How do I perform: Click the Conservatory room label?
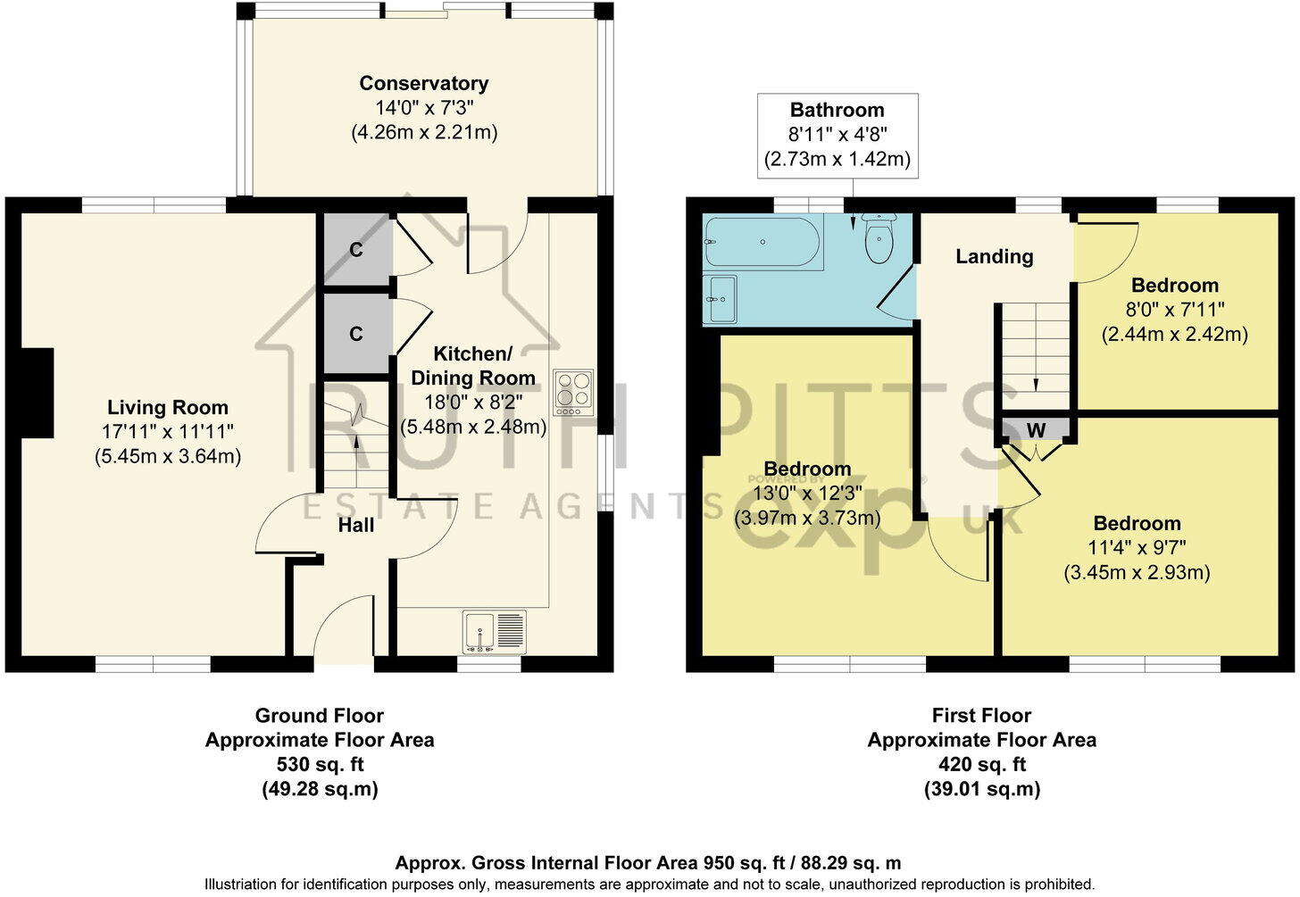[423, 84]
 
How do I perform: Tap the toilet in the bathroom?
[879, 238]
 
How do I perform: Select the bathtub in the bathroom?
[763, 243]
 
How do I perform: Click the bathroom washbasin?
[720, 299]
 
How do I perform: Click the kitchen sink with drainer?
[495, 631]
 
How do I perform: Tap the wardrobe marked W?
[1036, 430]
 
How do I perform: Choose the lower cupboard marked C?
[357, 334]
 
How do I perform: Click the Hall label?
[355, 526]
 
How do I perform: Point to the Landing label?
[994, 256]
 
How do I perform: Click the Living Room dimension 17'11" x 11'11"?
[168, 432]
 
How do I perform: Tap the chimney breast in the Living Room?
[37, 393]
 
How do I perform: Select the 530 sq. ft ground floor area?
[320, 764]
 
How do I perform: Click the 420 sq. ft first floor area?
[982, 764]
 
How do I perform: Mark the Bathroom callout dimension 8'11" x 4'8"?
[837, 135]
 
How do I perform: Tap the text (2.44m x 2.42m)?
[1175, 335]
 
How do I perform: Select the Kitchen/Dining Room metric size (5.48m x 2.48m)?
[473, 427]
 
